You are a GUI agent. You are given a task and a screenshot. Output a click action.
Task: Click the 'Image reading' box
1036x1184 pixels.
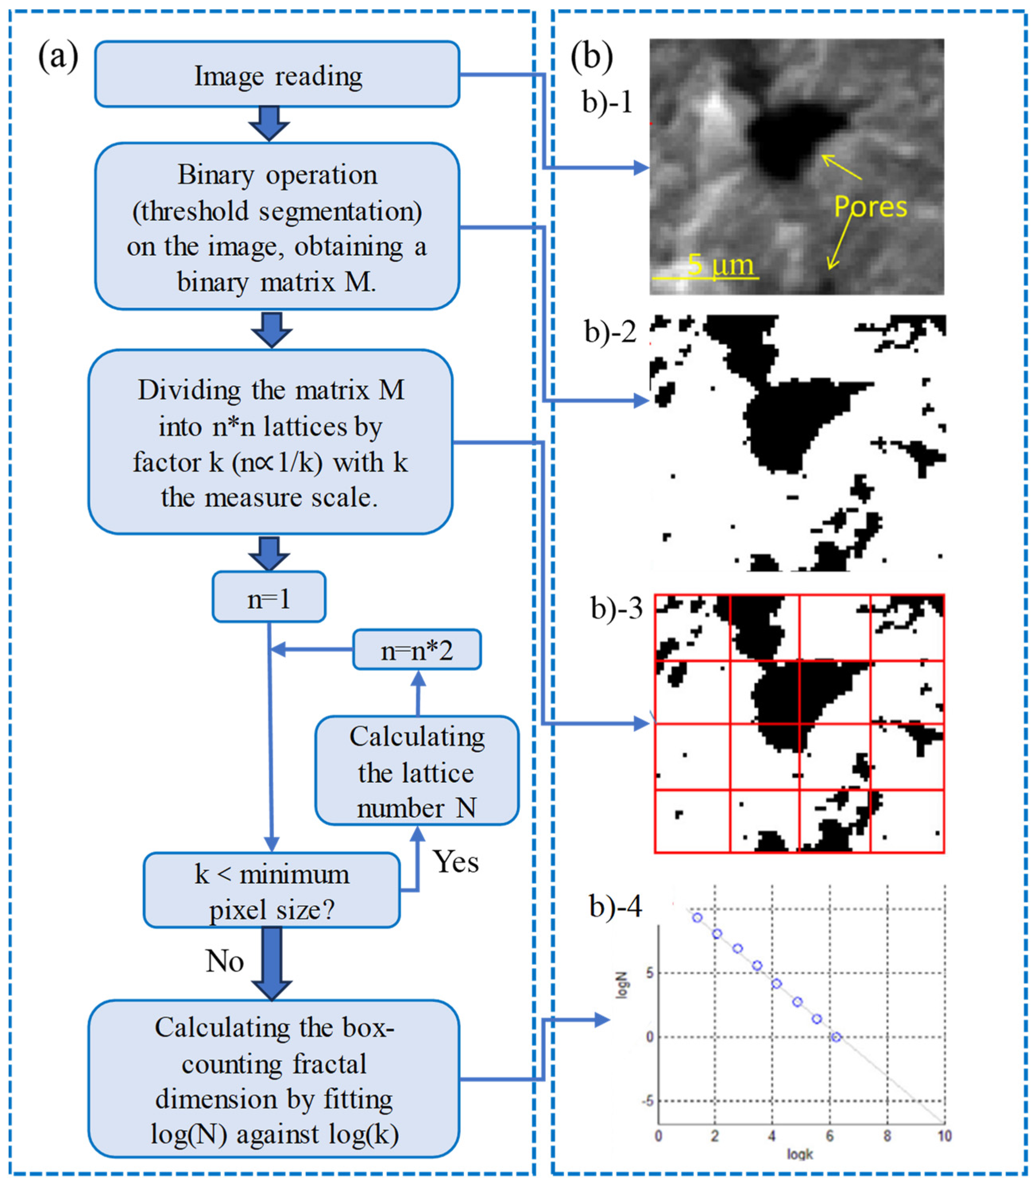[278, 75]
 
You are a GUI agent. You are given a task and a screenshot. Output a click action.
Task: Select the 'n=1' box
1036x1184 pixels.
[269, 598]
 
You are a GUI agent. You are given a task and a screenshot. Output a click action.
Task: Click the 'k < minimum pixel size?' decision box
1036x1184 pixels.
[272, 891]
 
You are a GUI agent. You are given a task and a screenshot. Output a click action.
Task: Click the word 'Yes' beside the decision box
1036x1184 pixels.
[456, 862]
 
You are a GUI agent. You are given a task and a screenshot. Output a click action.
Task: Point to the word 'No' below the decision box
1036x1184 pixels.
[225, 962]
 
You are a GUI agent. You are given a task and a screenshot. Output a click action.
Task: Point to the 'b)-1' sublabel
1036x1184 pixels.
[607, 102]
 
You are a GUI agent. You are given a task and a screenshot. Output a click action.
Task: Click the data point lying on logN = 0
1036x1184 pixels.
[836, 1037]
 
